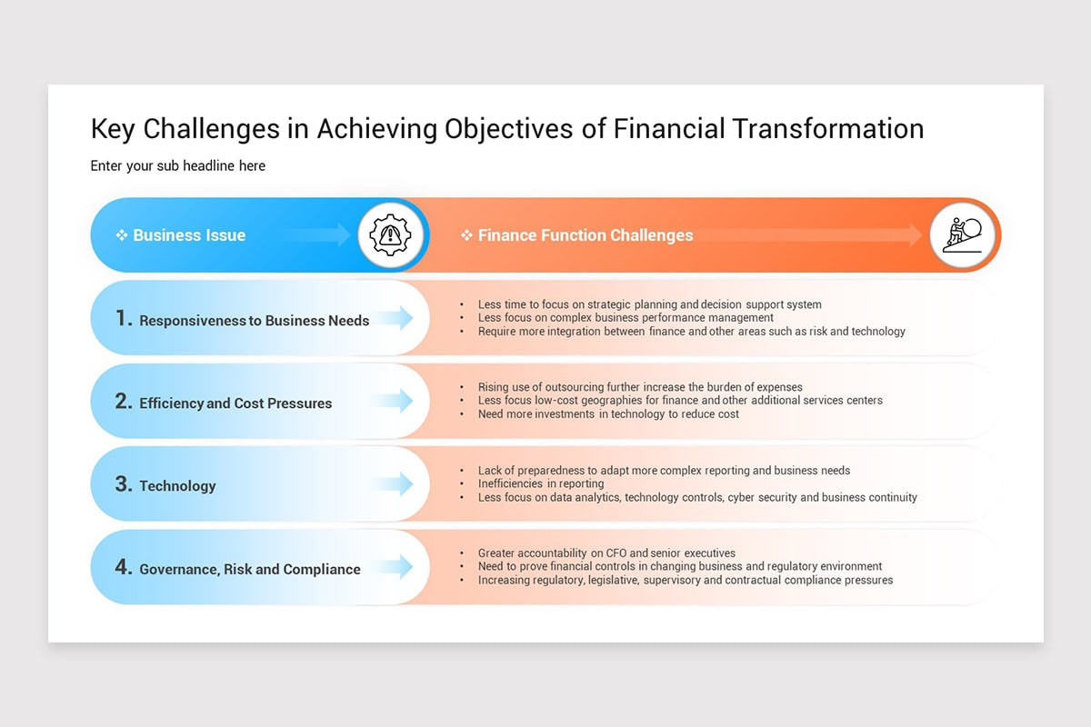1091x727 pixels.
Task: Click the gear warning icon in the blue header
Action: pos(391,235)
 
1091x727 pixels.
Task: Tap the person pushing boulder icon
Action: pos(963,235)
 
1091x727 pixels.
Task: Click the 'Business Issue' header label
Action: pos(189,235)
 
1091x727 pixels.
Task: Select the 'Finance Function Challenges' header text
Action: pos(586,235)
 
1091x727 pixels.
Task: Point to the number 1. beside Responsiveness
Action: pos(124,319)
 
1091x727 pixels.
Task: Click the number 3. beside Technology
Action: pos(124,484)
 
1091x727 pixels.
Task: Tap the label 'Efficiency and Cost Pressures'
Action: pos(235,403)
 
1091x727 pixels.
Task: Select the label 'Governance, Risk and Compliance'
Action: pos(250,570)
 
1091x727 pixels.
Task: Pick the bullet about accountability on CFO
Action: pos(606,553)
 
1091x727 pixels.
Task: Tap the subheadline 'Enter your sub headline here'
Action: pos(178,165)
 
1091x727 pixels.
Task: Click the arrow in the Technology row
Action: pos(394,484)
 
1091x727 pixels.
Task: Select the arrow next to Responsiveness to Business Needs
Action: pos(394,318)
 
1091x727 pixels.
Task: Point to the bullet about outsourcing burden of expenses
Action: pos(640,387)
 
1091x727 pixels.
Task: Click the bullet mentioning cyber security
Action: pos(697,497)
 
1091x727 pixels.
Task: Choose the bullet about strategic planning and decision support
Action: pos(649,304)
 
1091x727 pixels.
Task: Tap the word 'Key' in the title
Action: pos(114,128)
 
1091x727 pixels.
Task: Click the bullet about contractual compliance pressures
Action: pos(686,580)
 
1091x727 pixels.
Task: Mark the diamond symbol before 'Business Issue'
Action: pos(121,235)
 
